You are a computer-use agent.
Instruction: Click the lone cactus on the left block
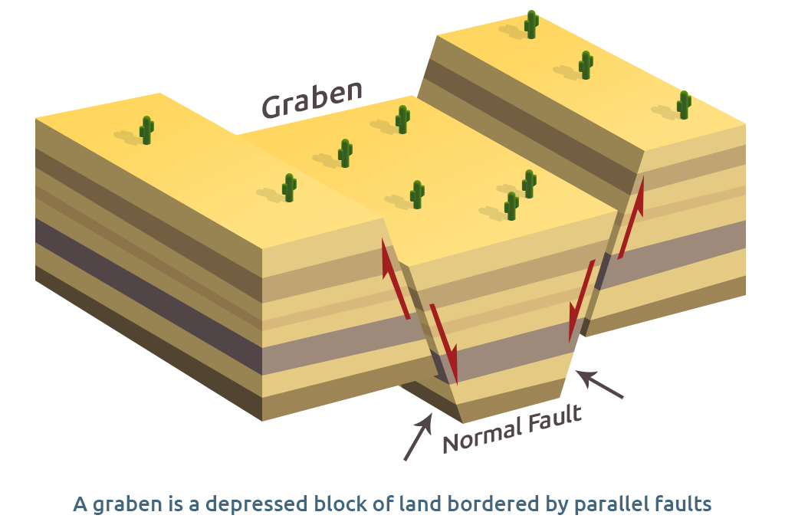[146, 130]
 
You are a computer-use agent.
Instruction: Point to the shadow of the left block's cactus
[126, 137]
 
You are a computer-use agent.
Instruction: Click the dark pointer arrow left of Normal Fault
[417, 438]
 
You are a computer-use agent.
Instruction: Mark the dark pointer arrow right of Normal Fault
[599, 385]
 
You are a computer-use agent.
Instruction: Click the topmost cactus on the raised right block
[531, 25]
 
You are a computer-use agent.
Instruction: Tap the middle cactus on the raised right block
[586, 65]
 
